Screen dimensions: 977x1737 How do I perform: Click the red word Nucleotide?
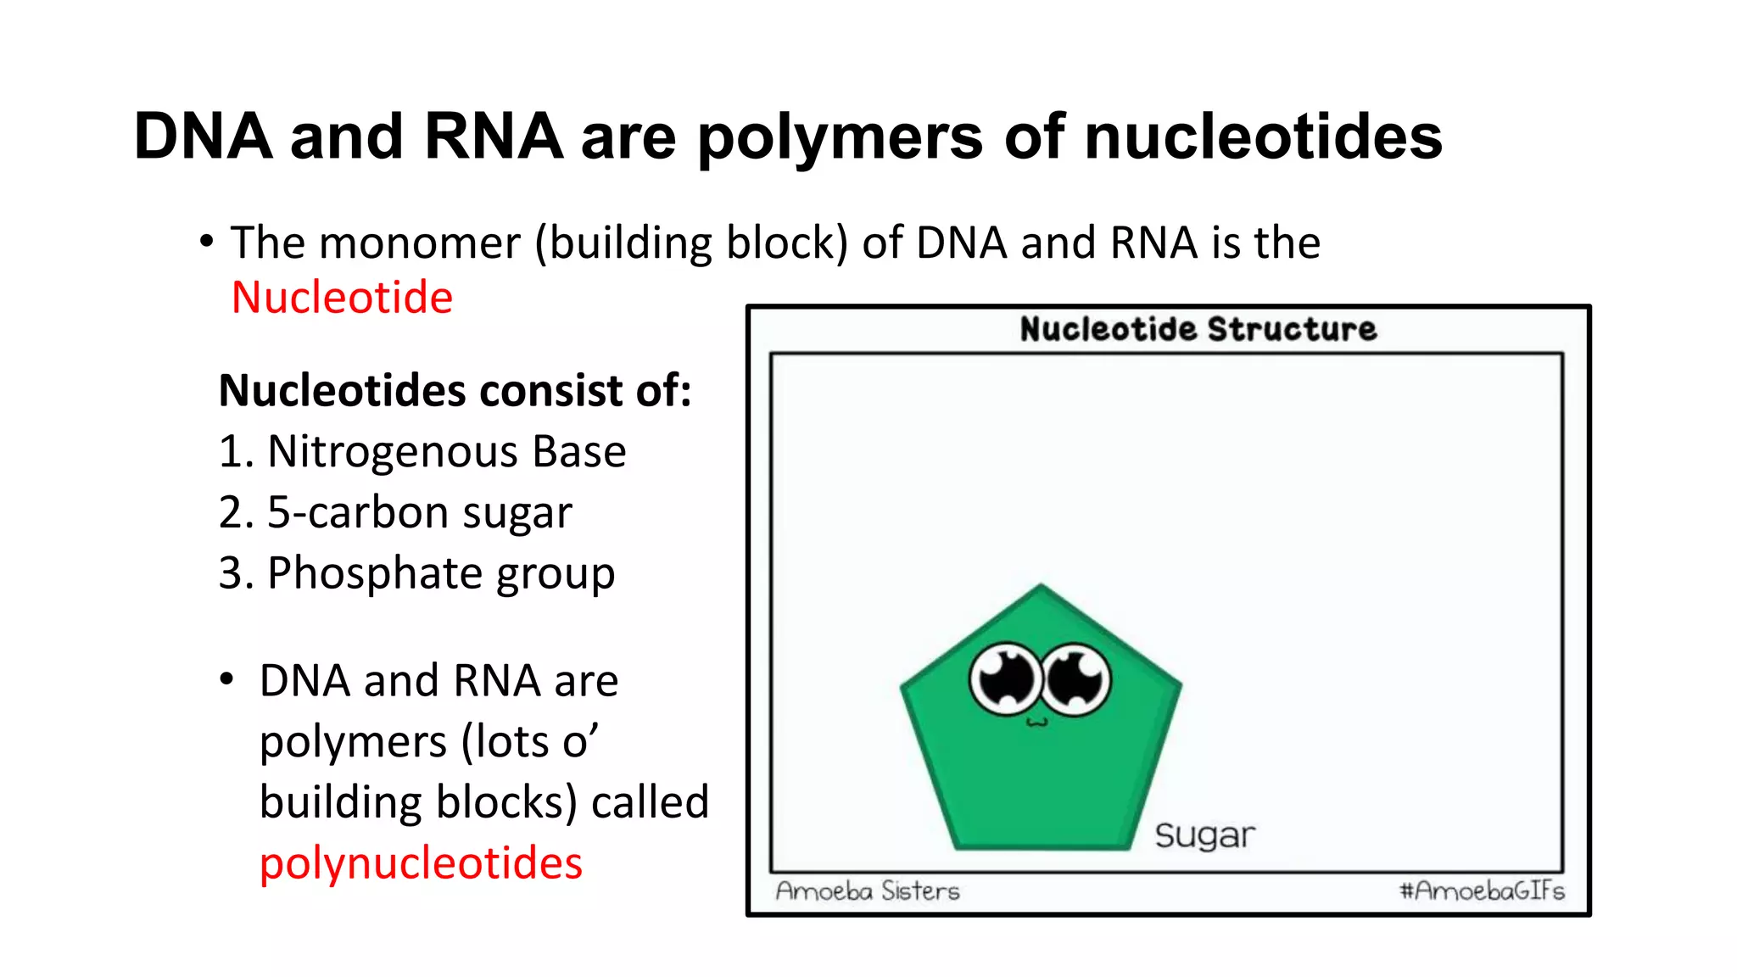tap(342, 298)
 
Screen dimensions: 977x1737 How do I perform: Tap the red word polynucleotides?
tap(421, 863)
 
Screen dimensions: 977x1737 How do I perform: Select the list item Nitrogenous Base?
tap(422, 451)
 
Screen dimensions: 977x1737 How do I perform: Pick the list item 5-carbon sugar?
tap(395, 512)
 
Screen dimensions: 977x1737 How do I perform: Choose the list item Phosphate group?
tap(416, 573)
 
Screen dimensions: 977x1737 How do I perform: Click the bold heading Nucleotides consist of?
tap(455, 391)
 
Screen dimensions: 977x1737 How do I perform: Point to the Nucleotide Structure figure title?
tap(1198, 329)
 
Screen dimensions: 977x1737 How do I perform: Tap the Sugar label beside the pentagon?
tap(1204, 835)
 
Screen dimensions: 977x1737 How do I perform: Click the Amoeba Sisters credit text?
tap(868, 890)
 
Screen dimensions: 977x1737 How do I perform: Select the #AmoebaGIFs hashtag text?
tap(1482, 890)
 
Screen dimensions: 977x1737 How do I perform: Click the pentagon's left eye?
tap(1006, 678)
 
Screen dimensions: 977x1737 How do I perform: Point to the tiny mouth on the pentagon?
tap(1037, 723)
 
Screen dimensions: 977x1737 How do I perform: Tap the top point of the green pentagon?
tap(1042, 588)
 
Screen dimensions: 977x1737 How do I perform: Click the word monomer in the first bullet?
tap(420, 243)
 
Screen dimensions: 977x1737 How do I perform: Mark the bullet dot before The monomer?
tap(206, 243)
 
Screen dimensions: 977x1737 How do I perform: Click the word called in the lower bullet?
tap(650, 802)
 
